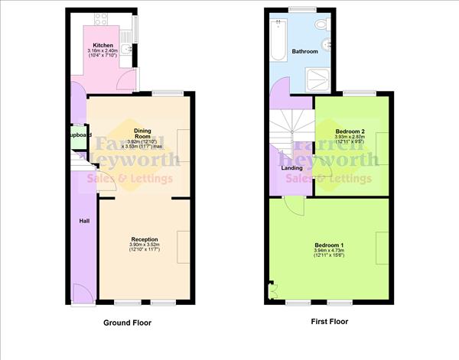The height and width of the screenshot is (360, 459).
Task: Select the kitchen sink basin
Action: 136,31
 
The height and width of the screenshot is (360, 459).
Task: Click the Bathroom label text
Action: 304,51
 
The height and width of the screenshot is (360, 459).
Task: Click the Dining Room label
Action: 134,133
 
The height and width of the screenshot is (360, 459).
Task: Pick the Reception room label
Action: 144,240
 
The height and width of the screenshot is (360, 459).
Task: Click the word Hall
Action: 85,221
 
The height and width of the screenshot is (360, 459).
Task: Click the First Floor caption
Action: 329,322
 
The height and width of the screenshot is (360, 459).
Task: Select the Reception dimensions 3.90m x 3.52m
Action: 144,246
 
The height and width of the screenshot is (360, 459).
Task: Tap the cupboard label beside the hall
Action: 79,135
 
